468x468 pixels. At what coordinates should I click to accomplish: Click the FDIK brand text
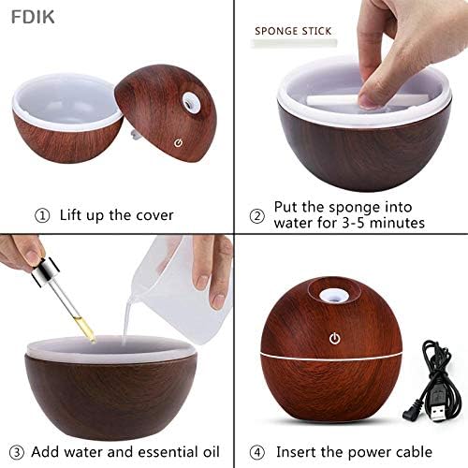tap(24, 15)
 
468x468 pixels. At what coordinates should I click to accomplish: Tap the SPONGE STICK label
tap(293, 30)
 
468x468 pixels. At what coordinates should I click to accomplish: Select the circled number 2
tap(258, 215)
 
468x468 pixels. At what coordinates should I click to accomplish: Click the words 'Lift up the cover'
tap(116, 215)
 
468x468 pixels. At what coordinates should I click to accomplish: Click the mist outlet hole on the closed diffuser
tap(332, 297)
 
